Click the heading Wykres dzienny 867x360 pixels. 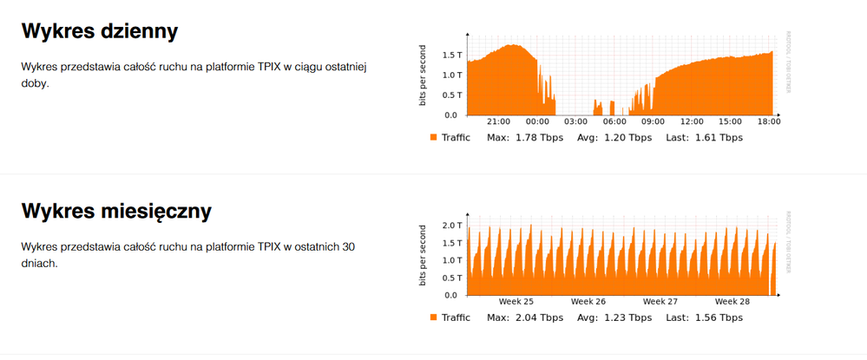[x=100, y=32]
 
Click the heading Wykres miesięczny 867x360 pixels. [x=116, y=212]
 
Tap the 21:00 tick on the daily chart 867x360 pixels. [x=498, y=121]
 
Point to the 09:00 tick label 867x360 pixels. [x=653, y=121]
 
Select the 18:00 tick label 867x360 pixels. [x=769, y=121]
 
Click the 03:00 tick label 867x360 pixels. [x=575, y=121]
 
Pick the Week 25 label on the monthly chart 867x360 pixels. [x=516, y=302]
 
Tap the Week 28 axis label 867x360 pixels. [x=732, y=302]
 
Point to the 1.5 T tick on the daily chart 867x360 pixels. [x=452, y=55]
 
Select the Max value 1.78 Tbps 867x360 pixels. [x=540, y=137]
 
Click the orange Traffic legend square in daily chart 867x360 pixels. [x=433, y=137]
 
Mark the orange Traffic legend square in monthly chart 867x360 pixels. [x=433, y=317]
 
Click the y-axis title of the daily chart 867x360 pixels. [x=423, y=75]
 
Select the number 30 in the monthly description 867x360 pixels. [x=348, y=247]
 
